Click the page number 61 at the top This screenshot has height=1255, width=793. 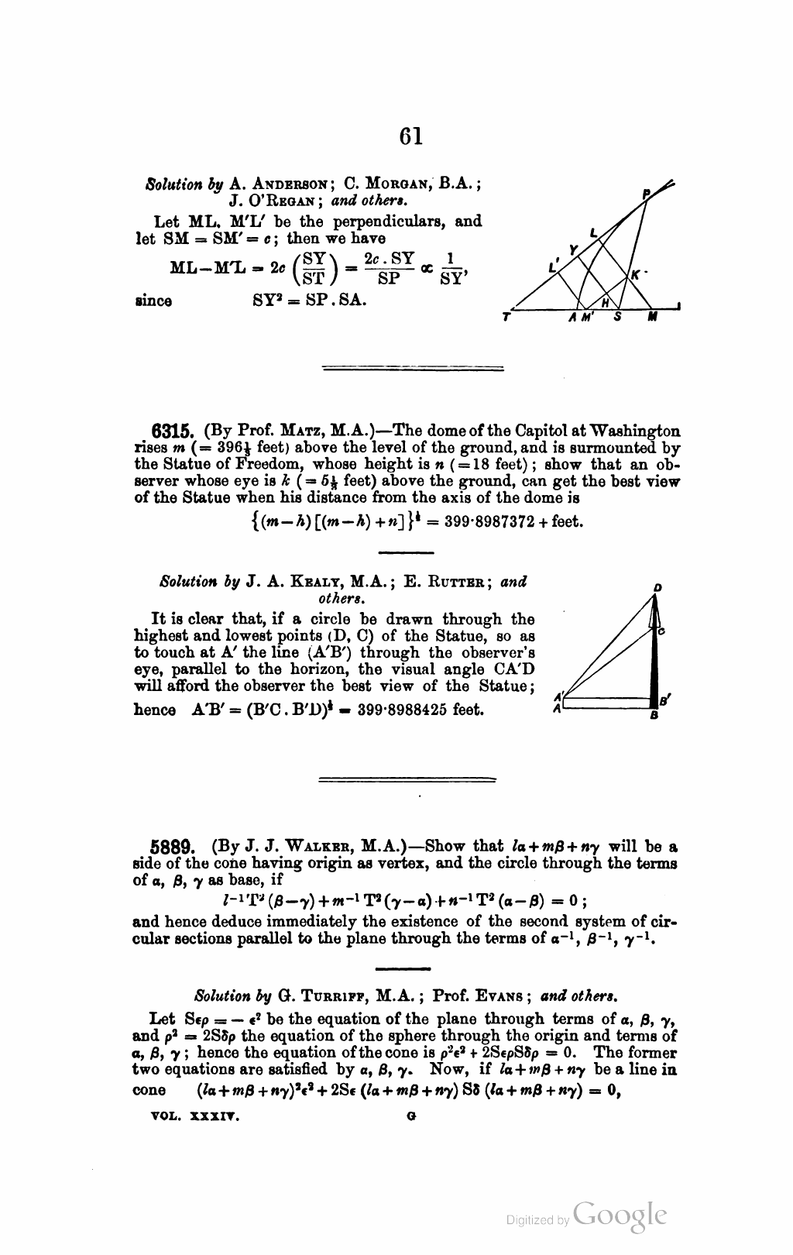click(411, 136)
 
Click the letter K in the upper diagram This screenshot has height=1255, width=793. click(634, 274)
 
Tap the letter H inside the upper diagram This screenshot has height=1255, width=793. click(606, 301)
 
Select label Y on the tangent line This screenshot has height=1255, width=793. click(573, 249)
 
